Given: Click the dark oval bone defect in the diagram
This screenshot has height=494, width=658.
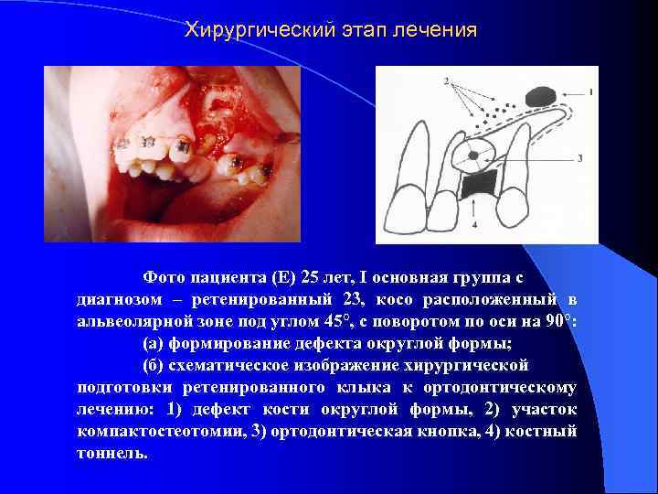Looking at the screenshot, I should point(540,94).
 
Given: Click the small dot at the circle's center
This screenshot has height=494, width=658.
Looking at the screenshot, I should point(472,156).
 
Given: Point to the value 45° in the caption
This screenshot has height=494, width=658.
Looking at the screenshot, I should point(350,321).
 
